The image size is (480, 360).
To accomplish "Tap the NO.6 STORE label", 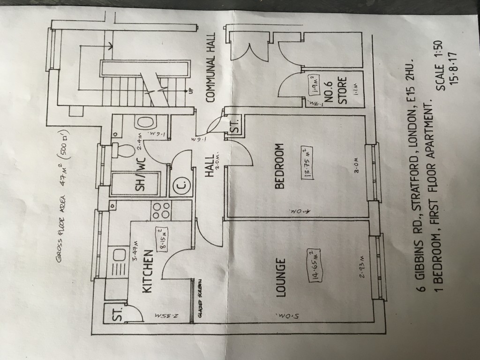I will pos(336,90).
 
